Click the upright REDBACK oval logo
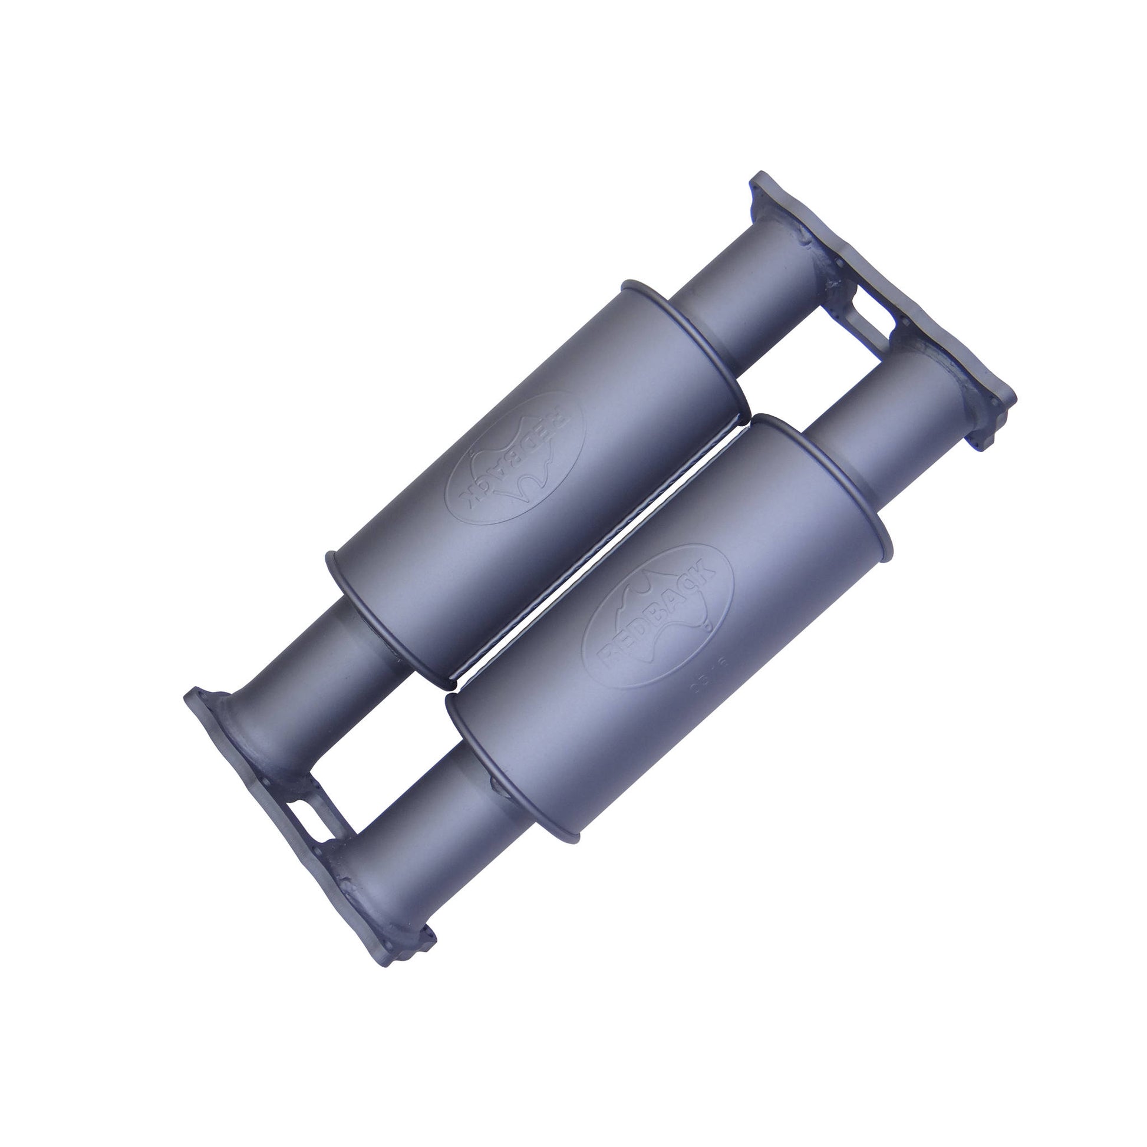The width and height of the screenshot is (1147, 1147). point(658,616)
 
